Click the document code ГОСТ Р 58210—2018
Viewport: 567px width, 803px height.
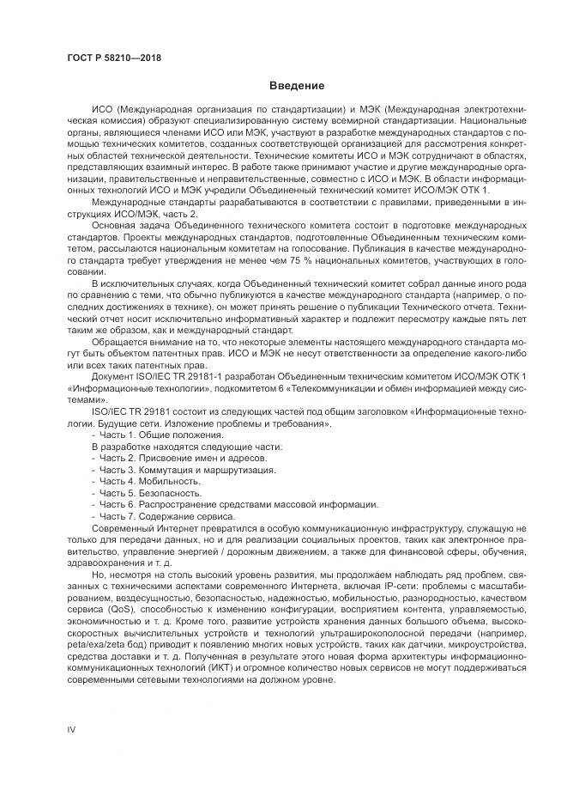[x=113, y=58]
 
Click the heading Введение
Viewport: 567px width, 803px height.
[x=296, y=86]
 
